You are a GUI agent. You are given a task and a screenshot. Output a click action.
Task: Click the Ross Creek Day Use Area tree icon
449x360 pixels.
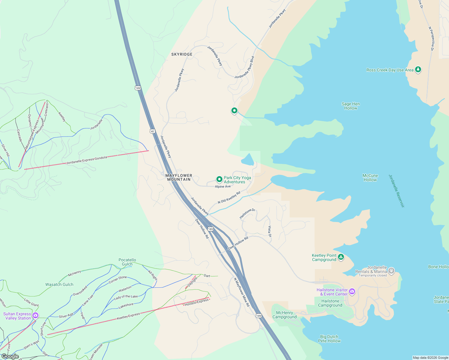418,70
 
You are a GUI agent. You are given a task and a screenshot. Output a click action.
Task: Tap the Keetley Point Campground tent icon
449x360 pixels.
341,257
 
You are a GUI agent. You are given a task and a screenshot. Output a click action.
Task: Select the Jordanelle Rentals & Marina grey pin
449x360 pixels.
391,271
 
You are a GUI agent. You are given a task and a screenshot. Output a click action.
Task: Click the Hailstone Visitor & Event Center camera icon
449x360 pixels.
352,291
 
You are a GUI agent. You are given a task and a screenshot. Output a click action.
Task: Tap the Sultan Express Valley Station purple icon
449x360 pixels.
35,315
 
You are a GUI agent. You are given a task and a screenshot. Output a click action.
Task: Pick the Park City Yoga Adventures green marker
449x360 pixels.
219,179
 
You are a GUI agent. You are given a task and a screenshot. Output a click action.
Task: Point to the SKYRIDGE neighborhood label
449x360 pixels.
182,54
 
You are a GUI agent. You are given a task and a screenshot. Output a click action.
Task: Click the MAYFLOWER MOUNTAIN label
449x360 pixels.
179,177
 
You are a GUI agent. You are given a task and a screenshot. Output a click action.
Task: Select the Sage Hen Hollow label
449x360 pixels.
351,106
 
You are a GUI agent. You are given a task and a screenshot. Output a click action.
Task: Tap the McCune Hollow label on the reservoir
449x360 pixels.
370,178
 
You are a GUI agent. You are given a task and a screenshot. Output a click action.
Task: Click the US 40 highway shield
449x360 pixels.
152,131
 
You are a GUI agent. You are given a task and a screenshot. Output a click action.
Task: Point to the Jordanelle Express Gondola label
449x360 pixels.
87,160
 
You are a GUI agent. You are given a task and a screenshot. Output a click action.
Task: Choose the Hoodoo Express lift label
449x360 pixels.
197,302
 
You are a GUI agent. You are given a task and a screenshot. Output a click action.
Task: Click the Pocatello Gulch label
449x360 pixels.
127,262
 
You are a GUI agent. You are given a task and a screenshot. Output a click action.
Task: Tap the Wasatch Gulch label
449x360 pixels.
59,284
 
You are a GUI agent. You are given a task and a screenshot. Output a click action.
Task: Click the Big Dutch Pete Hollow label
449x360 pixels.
329,339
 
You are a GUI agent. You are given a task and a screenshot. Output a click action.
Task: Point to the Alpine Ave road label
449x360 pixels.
223,187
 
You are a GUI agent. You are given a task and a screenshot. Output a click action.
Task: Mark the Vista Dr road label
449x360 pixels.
270,231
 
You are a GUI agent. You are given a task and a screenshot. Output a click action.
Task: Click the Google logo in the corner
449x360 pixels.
10,356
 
